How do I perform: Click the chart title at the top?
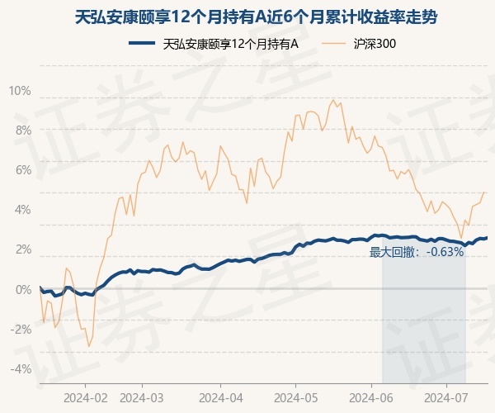tap(247, 16)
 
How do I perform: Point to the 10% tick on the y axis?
tap(20, 90)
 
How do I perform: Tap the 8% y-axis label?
tap(22, 130)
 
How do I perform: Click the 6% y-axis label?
tap(22, 169)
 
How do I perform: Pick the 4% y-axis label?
tap(22, 209)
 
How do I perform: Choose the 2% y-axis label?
tap(22, 249)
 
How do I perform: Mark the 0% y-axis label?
tap(22, 289)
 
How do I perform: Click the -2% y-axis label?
tap(21, 329)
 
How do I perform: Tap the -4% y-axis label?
tap(21, 368)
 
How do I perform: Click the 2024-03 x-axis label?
tap(142, 396)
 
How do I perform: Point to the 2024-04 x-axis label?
tap(220, 396)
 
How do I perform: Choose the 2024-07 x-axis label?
tap(446, 396)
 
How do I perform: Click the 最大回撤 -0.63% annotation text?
tap(417, 253)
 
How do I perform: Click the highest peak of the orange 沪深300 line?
tap(333, 100)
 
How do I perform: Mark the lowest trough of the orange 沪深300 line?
tap(89, 347)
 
